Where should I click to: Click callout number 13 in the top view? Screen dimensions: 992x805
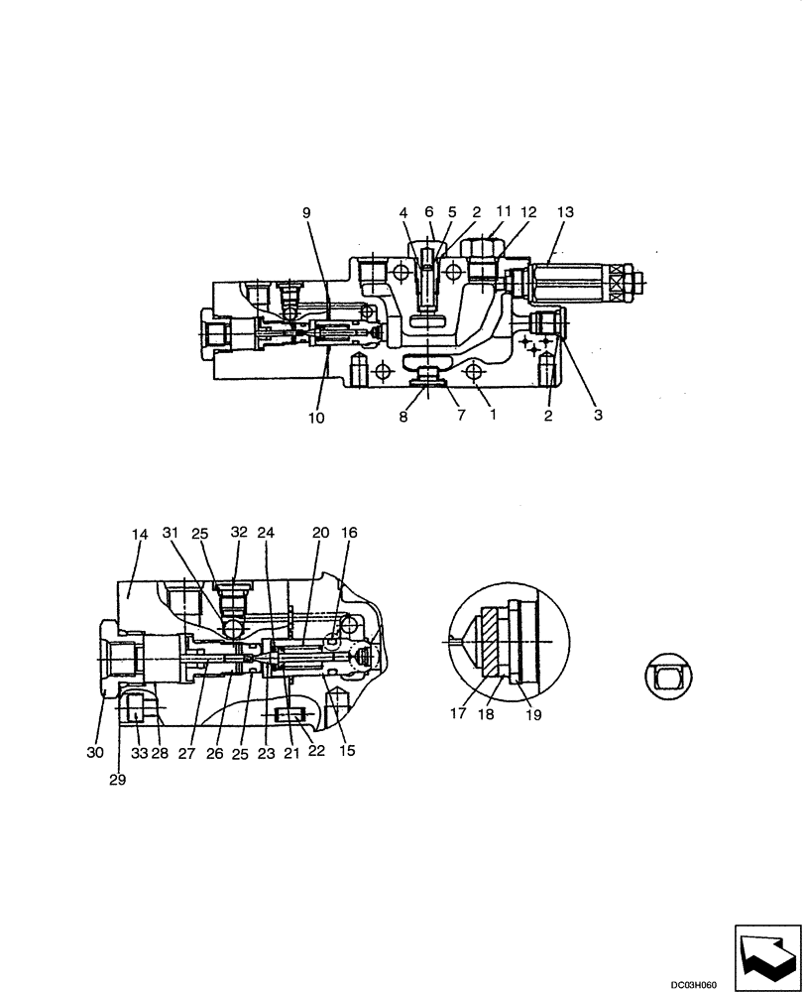pos(565,211)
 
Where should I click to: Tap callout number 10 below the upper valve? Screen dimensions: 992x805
pos(315,418)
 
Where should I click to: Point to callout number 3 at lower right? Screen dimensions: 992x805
pos(598,416)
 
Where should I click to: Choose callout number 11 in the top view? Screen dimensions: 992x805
pos(503,211)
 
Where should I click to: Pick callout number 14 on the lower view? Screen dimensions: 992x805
pos(139,534)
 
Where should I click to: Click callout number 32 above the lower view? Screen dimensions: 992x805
pos(240,533)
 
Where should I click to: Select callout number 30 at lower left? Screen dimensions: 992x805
pos(95,752)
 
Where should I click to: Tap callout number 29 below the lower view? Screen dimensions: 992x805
pos(118,779)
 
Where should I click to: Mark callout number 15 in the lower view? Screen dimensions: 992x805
pos(346,751)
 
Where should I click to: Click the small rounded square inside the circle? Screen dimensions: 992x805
pos(670,680)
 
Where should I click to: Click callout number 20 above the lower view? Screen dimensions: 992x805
pos(319,533)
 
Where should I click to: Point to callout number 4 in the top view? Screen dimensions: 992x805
pos(403,211)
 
